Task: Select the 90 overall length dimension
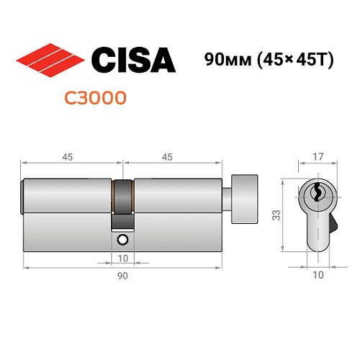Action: [122, 276]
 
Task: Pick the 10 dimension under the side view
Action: [122, 258]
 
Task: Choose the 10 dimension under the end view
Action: [318, 274]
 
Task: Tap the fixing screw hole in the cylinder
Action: [122, 239]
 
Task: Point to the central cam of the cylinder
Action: [122, 197]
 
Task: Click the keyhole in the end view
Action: [317, 194]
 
